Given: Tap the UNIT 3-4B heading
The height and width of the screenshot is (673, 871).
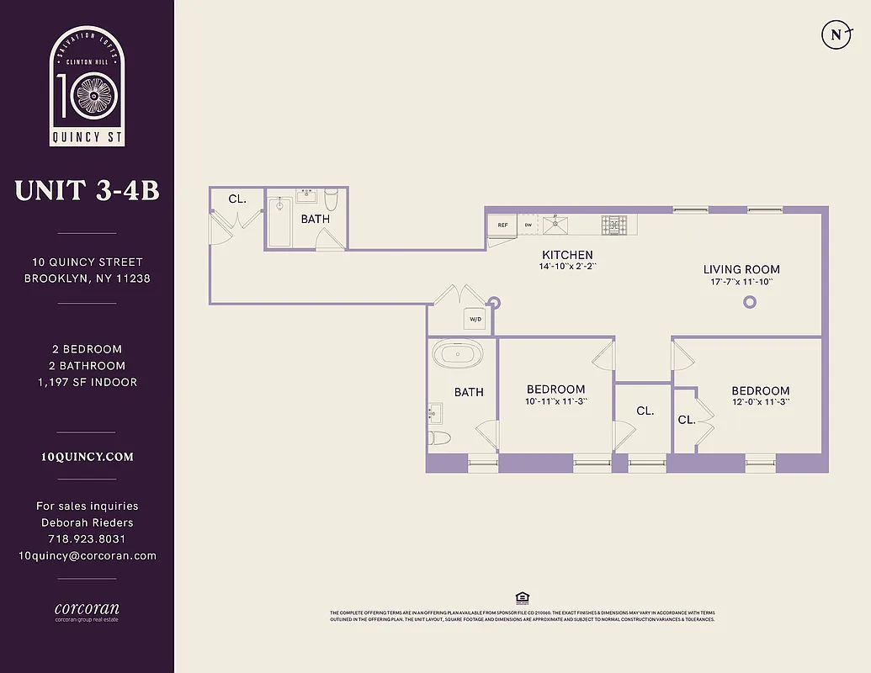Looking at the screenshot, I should tap(87, 191).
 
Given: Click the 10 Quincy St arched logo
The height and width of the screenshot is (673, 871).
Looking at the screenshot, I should tap(87, 86).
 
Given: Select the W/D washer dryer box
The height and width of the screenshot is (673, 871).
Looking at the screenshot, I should tap(475, 320).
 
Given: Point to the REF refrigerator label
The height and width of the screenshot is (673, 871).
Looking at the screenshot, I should tap(503, 225).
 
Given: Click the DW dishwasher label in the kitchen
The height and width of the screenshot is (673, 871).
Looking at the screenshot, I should tap(528, 225).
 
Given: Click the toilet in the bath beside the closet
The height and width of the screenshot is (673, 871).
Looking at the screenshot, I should tap(332, 200).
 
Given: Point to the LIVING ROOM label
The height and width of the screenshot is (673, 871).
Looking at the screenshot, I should tap(741, 269).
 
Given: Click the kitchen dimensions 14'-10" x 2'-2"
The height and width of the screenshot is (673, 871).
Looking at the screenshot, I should tap(567, 267).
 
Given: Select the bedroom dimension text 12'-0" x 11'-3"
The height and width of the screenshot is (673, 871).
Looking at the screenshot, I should tap(760, 402).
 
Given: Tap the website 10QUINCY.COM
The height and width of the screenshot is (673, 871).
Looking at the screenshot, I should tap(87, 457).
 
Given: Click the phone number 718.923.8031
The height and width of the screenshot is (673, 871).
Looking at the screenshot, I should tap(87, 539).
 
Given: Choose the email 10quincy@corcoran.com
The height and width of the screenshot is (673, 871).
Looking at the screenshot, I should tap(87, 555).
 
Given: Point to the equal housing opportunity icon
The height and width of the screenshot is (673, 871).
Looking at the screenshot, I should tap(522, 598).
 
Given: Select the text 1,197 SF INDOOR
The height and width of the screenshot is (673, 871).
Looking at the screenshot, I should tap(87, 382).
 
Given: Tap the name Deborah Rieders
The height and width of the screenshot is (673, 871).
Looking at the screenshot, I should tap(87, 522).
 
